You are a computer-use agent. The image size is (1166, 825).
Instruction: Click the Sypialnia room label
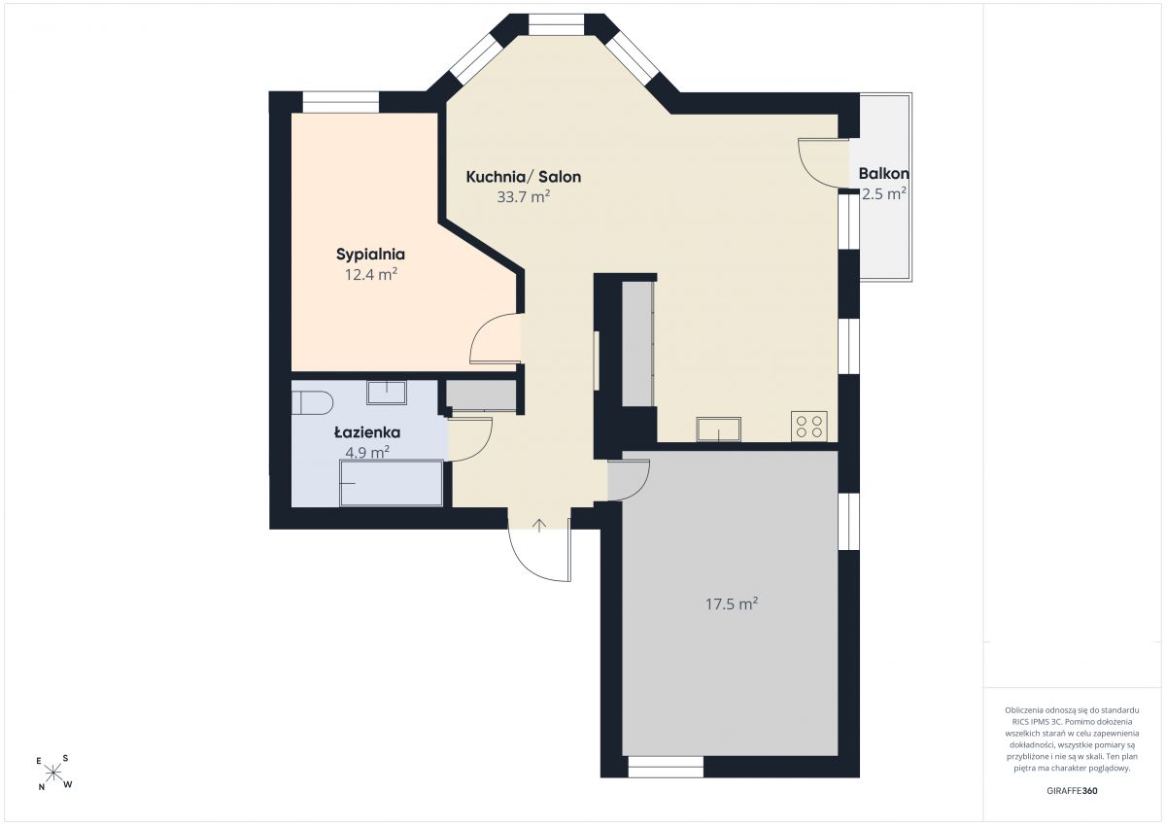click(x=370, y=255)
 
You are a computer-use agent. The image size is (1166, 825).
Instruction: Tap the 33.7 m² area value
click(x=524, y=196)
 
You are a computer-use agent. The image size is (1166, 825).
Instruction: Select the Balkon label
click(x=884, y=173)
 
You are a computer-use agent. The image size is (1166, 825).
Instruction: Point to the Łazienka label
click(x=367, y=432)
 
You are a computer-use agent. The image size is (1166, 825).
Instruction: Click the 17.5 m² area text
click(x=732, y=603)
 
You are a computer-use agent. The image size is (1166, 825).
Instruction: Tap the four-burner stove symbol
click(x=808, y=427)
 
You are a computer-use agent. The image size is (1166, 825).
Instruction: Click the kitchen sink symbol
click(x=718, y=430)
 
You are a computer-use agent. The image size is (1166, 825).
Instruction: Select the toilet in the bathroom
click(x=312, y=403)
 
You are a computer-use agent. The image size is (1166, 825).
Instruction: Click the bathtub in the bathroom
click(x=392, y=483)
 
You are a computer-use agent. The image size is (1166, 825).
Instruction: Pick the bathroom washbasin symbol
click(x=387, y=393)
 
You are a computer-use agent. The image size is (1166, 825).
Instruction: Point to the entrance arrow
click(x=539, y=526)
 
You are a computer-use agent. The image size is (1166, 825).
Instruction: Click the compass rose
click(x=53, y=773)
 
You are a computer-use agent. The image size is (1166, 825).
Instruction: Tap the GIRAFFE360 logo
click(x=1072, y=791)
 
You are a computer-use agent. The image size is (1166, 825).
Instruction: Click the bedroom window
click(x=341, y=103)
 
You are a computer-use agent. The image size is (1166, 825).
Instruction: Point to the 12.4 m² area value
click(x=371, y=274)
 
